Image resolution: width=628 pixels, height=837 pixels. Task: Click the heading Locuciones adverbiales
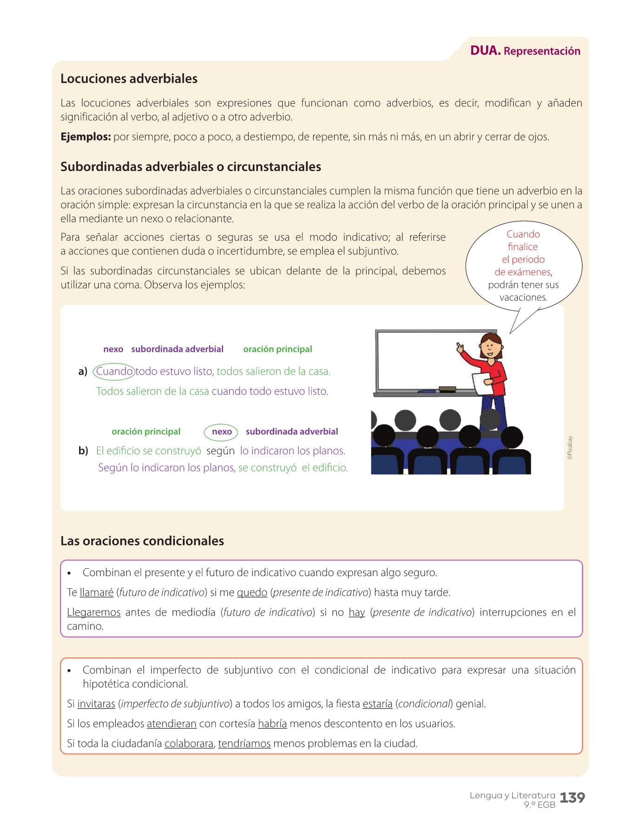click(129, 79)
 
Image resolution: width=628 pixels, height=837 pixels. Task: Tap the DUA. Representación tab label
click(525, 51)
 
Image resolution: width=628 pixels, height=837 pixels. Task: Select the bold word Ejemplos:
click(86, 137)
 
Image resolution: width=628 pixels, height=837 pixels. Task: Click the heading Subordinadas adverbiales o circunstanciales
click(191, 166)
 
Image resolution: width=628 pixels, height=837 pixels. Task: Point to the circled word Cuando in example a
click(114, 372)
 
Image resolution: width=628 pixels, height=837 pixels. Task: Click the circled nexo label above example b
click(221, 432)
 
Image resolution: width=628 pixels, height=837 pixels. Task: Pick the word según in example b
click(220, 451)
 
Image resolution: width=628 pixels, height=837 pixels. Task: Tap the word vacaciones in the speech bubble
click(523, 297)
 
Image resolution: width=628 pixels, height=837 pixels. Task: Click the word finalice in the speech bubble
click(523, 247)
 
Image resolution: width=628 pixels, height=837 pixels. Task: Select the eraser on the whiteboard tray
click(448, 388)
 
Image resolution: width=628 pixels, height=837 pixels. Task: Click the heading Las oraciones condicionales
click(142, 541)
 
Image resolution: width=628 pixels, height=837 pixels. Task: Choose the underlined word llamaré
click(97, 592)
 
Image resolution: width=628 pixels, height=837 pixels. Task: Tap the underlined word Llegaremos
click(94, 612)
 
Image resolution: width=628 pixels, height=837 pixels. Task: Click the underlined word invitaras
click(96, 704)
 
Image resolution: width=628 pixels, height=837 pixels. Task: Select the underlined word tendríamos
click(244, 744)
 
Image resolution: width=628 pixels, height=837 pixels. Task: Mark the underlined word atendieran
click(172, 724)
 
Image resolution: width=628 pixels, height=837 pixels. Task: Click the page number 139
click(572, 798)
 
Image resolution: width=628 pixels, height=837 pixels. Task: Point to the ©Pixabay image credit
click(570, 448)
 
